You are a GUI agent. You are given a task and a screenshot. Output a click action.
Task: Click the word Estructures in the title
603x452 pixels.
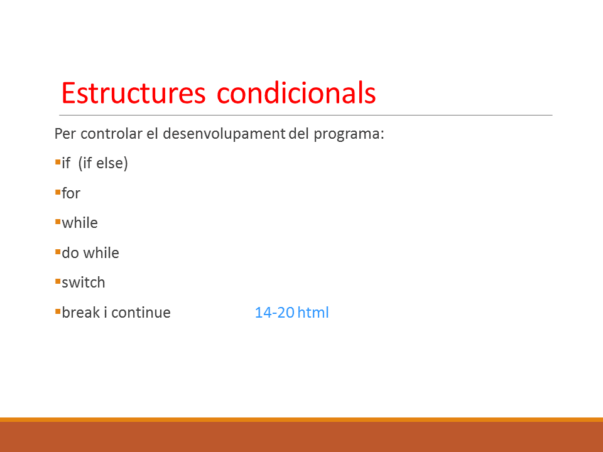click(x=133, y=93)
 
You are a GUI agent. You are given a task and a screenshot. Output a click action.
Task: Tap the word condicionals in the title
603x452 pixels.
click(x=296, y=93)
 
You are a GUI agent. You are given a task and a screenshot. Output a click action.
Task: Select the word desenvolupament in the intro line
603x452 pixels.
click(x=224, y=134)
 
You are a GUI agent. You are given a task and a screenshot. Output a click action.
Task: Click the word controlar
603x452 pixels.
click(x=112, y=134)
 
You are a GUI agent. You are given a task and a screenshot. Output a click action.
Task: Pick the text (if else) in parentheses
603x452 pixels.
click(x=103, y=163)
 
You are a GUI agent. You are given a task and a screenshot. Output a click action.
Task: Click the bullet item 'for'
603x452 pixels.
click(x=71, y=193)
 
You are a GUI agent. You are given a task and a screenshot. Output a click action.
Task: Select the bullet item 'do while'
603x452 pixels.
click(x=90, y=253)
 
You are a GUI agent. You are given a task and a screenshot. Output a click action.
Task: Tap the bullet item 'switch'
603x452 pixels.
click(x=84, y=282)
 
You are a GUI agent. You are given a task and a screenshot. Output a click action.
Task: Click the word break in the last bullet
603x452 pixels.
click(x=81, y=313)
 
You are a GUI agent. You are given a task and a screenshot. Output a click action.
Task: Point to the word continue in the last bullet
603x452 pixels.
click(x=141, y=313)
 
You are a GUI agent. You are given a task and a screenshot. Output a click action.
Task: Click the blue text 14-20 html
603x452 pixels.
click(x=292, y=313)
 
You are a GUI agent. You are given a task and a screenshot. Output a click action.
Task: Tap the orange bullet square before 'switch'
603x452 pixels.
click(x=58, y=282)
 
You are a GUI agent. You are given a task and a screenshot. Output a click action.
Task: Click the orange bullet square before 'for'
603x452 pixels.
click(x=58, y=192)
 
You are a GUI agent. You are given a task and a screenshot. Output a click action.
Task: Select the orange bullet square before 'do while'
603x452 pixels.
click(x=58, y=252)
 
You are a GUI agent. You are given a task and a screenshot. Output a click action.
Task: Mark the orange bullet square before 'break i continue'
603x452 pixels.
click(x=58, y=311)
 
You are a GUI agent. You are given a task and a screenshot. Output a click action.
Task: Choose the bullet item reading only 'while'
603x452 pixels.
click(x=80, y=223)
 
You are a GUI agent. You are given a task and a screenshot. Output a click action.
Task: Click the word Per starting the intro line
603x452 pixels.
click(x=65, y=134)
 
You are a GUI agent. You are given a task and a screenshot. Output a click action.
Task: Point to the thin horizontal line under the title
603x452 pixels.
click(x=306, y=115)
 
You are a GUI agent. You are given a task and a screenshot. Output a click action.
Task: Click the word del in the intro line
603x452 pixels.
click(x=299, y=134)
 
